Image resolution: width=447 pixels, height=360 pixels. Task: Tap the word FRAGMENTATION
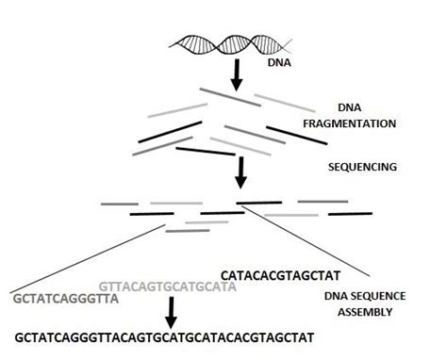pos(376,123)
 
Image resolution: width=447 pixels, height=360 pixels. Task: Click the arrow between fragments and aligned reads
pos(241,169)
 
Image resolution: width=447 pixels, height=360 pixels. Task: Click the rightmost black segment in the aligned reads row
pos(348,213)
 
